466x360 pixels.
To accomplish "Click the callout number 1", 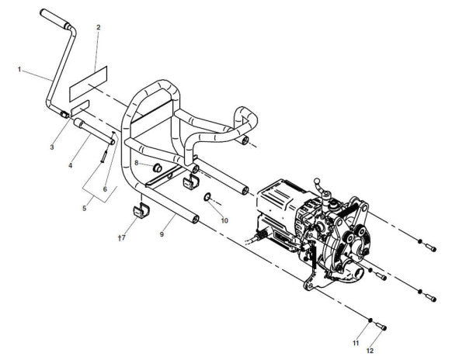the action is (x=19, y=70).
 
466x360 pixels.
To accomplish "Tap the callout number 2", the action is (x=99, y=27).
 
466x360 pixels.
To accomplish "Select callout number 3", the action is (x=52, y=147).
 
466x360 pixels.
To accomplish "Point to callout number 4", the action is (x=71, y=165).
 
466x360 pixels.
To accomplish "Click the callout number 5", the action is (x=85, y=209).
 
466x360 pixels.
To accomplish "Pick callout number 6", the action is (x=105, y=189).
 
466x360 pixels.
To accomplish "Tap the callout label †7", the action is (x=122, y=237).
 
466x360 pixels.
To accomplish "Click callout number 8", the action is (x=137, y=163).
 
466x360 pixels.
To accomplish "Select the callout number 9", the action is (x=162, y=234).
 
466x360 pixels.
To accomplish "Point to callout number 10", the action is (x=224, y=220).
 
